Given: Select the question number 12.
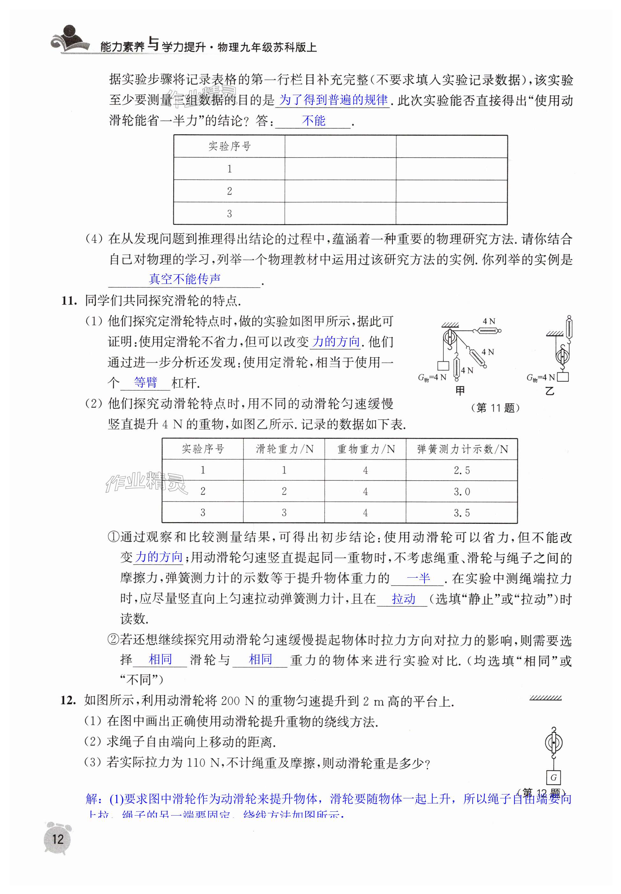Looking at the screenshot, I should (68, 700).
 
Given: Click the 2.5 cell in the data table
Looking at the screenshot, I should (462, 470).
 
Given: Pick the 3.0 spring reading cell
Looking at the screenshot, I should (462, 492).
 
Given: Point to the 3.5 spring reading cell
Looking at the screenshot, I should (462, 513).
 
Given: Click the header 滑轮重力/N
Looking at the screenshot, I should (285, 449).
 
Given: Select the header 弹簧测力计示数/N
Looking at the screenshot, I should (462, 449).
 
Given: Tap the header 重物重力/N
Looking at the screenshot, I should (366, 449).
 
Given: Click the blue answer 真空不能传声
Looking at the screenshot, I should (185, 279).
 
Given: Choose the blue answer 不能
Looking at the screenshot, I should (314, 121).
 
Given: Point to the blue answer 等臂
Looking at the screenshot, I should (145, 382).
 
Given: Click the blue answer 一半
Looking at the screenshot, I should (418, 578).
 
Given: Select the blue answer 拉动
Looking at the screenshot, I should (403, 599).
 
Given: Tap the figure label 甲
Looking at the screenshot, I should (460, 391).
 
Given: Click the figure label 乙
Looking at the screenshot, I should (550, 391).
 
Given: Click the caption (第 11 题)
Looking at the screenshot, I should (495, 408).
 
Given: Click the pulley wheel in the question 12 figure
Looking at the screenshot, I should (554, 743).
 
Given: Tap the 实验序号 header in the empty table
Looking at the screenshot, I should (230, 147).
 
